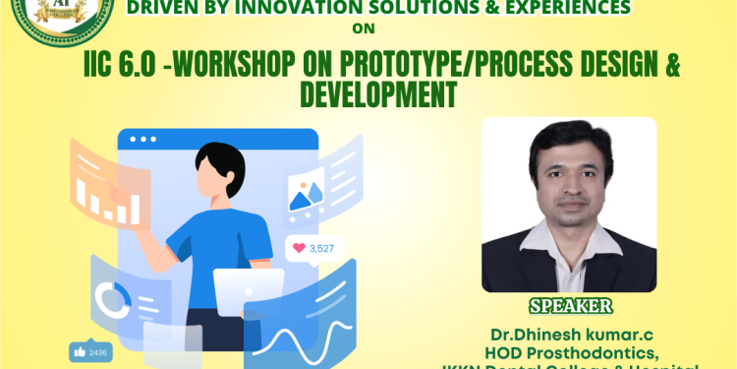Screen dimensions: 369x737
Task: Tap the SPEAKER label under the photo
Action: (x=570, y=305)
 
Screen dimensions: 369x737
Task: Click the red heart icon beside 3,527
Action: (x=298, y=248)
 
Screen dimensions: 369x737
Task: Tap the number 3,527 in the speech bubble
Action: (x=321, y=248)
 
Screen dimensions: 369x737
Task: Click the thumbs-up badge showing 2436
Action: (x=90, y=351)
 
